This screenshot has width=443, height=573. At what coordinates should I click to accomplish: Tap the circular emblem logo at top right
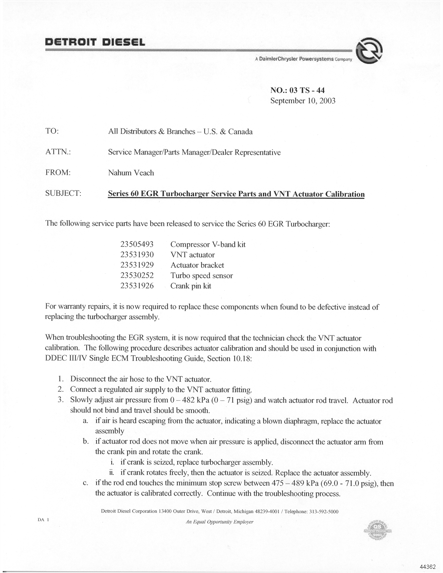tap(369, 51)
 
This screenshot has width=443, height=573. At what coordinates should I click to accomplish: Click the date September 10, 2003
tap(303, 101)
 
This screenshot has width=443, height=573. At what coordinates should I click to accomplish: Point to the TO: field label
tap(52, 131)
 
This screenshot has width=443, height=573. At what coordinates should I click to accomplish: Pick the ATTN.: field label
tap(58, 152)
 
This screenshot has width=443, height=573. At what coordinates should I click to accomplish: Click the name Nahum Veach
tap(131, 173)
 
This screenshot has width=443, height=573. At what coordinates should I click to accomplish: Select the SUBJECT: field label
tap(63, 193)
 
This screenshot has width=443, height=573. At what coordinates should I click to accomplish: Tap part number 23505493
tap(137, 244)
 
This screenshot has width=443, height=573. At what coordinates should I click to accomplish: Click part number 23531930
tap(137, 255)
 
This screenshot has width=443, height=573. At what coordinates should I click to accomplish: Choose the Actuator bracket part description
tap(197, 265)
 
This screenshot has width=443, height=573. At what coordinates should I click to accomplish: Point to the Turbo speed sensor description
tap(202, 276)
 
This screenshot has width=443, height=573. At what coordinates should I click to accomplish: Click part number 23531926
tap(137, 286)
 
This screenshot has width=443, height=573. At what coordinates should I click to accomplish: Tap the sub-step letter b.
tap(85, 441)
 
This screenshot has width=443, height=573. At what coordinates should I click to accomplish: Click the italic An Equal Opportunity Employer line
tap(220, 522)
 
